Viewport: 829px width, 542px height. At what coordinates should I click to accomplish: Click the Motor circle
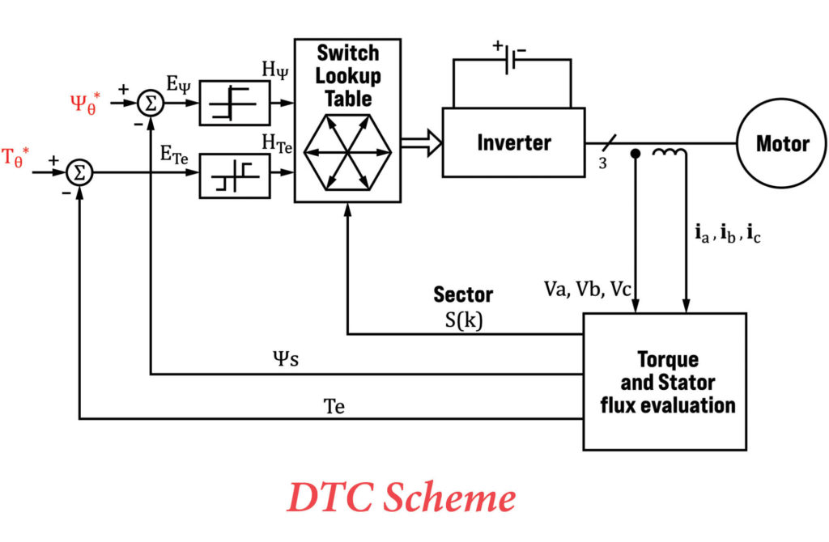(781, 144)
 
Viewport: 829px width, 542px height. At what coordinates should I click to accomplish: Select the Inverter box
(513, 143)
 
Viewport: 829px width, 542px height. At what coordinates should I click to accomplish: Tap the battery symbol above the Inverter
(510, 62)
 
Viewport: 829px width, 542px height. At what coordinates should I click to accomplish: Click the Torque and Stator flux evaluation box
(664, 381)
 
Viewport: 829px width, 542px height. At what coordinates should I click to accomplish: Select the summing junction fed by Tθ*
(79, 171)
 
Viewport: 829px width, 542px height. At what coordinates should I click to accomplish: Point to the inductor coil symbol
(671, 151)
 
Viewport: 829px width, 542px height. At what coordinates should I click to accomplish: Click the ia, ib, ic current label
(727, 235)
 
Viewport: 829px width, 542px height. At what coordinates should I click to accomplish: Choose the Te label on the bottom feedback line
(334, 406)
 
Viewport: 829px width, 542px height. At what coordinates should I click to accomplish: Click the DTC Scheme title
(401, 498)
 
